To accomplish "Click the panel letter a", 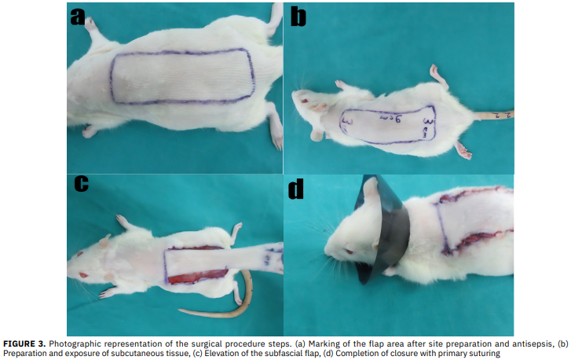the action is [x=78, y=17].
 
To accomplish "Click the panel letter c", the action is [x=81, y=183].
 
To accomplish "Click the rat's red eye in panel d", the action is [x=349, y=252].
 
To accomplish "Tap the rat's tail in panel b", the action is [x=494, y=115].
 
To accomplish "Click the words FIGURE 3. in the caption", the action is [x=24, y=343].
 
